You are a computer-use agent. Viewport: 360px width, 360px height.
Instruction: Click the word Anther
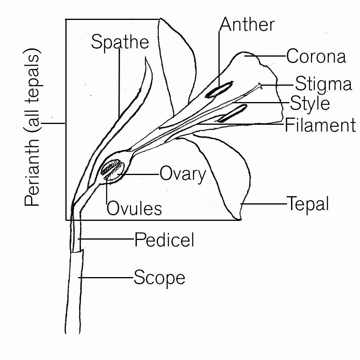pos(247,25)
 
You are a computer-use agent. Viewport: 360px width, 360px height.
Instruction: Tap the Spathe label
pos(120,42)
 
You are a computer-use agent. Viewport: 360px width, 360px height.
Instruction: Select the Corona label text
pos(316,56)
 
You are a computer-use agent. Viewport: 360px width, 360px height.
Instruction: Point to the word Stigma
pos(323,84)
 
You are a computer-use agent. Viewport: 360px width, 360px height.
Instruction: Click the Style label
pos(310,103)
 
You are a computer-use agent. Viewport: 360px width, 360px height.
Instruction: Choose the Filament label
pos(320,125)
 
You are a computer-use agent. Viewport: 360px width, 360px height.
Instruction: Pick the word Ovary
pos(183,174)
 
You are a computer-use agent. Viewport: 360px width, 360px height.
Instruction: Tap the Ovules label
pos(134,209)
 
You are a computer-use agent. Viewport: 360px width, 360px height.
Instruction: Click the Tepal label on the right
pos(308,204)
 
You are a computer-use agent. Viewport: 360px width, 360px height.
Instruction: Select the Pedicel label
pos(164,240)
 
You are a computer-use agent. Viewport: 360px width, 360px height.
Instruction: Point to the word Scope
pos(159,277)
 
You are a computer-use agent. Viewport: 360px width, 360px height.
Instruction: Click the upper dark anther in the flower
pos(219,90)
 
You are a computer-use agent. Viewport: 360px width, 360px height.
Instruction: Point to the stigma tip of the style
pos(260,85)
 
